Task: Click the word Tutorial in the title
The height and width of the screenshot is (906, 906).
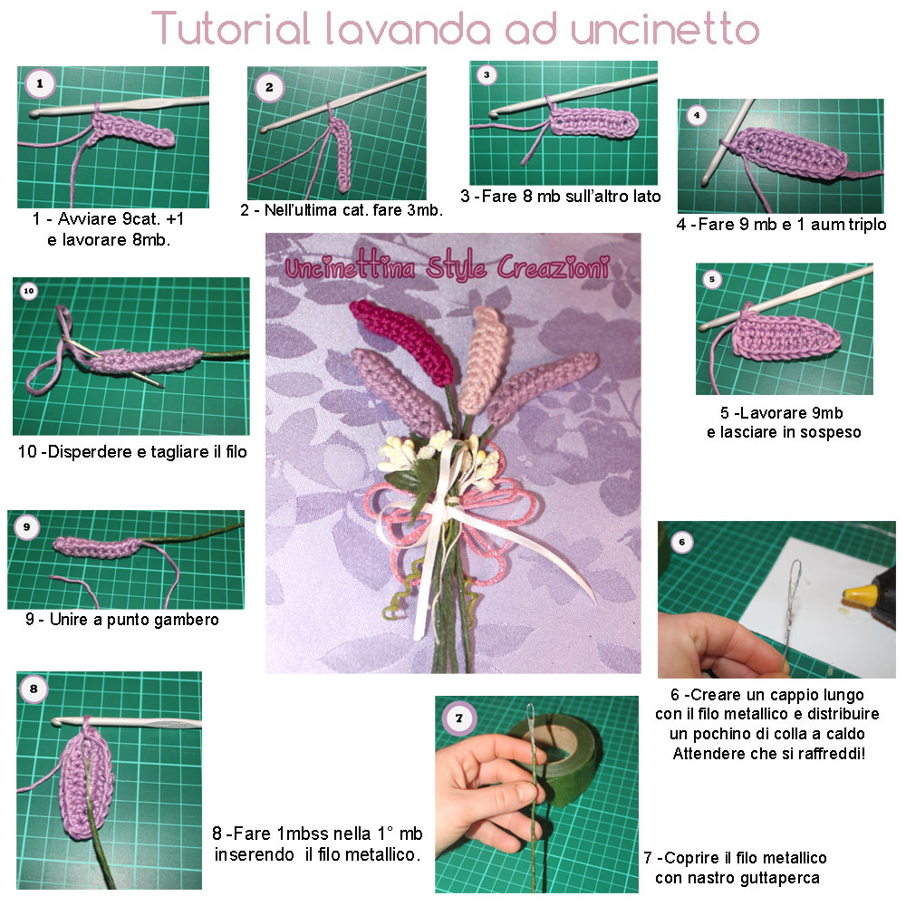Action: click(x=230, y=28)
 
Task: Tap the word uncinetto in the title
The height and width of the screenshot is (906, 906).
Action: click(x=664, y=30)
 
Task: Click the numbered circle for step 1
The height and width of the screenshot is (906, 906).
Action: click(x=40, y=83)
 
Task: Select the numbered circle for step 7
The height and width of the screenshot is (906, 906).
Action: click(x=458, y=718)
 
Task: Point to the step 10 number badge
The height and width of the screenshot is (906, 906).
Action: click(x=29, y=291)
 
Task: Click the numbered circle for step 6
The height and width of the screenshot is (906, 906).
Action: click(x=682, y=542)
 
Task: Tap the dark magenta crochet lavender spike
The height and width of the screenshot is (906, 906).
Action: click(x=402, y=340)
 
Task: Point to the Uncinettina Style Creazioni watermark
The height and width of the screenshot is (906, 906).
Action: click(x=448, y=267)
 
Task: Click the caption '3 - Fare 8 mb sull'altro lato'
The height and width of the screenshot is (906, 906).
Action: click(x=561, y=197)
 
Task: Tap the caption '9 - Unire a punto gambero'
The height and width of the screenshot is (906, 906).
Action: click(x=122, y=620)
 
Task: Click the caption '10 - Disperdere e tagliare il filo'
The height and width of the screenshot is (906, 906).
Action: click(x=132, y=451)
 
